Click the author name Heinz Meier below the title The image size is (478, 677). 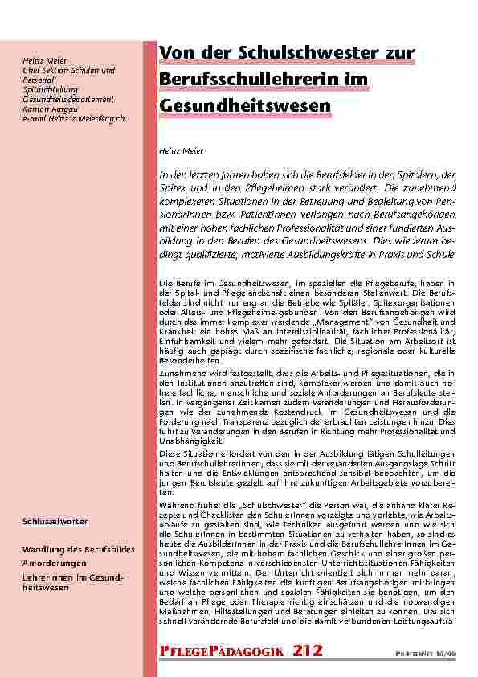(182, 150)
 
